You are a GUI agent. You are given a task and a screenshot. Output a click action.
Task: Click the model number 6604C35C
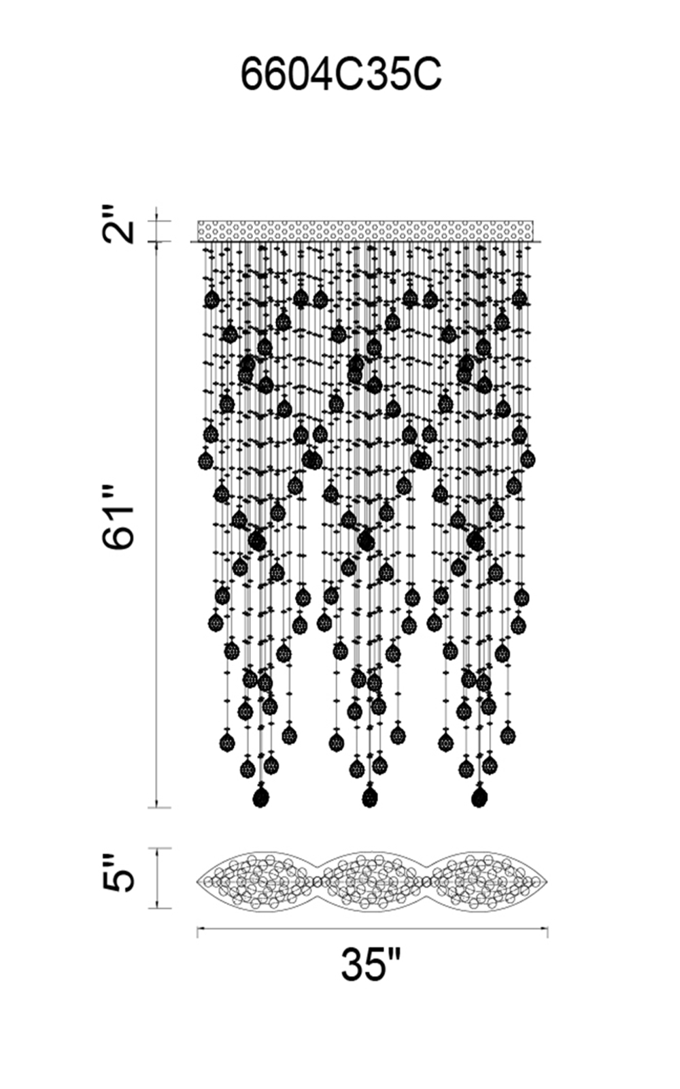tap(341, 75)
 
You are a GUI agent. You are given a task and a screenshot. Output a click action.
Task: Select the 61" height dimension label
tap(120, 517)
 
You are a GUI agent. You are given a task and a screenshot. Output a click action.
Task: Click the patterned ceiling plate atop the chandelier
tap(365, 230)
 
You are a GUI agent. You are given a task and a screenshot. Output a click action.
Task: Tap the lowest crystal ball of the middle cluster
tap(369, 797)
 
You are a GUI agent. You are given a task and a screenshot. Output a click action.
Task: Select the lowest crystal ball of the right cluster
tap(479, 797)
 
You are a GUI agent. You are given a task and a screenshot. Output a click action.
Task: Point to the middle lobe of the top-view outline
tap(371, 881)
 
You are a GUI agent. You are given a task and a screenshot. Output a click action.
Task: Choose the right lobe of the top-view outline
tap(484, 881)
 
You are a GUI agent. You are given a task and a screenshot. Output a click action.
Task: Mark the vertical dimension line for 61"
tap(157, 524)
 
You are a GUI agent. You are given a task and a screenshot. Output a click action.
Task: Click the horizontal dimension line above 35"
tap(372, 928)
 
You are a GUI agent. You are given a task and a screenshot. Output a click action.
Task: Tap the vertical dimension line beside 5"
tap(157, 878)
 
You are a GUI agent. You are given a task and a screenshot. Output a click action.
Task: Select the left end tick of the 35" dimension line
tap(197, 931)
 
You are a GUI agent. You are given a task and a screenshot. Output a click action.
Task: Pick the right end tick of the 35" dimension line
tap(547, 931)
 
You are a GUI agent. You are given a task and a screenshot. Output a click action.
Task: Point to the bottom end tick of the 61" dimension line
tap(157, 808)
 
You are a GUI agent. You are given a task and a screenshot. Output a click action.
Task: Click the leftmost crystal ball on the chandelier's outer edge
tap(205, 461)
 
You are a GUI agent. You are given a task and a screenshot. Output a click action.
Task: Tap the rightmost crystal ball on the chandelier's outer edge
tap(528, 458)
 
